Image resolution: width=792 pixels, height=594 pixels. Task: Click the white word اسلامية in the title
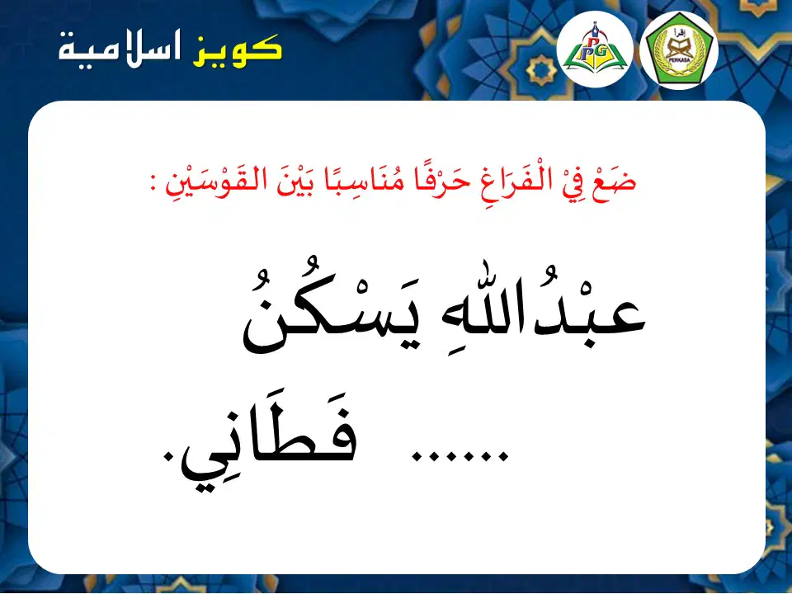pyautogui.click(x=120, y=49)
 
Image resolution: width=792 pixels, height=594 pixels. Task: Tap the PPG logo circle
pyautogui.click(x=595, y=49)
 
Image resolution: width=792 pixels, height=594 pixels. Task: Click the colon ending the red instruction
pyautogui.click(x=153, y=185)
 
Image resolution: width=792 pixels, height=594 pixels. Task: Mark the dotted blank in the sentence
pyautogui.click(x=460, y=456)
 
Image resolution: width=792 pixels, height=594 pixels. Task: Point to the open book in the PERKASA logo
pyautogui.click(x=679, y=49)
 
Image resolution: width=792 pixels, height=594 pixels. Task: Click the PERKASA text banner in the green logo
pyautogui.click(x=679, y=59)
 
